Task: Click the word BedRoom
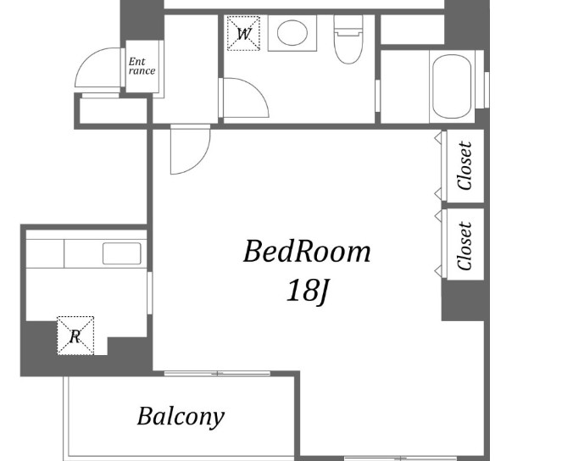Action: (307, 252)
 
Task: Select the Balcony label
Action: (181, 417)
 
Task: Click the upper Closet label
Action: (465, 165)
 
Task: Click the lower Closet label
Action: (465, 246)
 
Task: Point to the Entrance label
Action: (142, 66)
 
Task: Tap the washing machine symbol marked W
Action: (243, 33)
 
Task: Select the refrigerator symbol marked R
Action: (75, 336)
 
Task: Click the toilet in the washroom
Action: (348, 40)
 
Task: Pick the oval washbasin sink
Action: (292, 33)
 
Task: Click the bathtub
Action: (452, 86)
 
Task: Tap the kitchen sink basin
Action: (122, 253)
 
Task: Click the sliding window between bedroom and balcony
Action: (218, 374)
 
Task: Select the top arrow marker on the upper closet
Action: (437, 138)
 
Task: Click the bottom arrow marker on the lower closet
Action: (437, 271)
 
